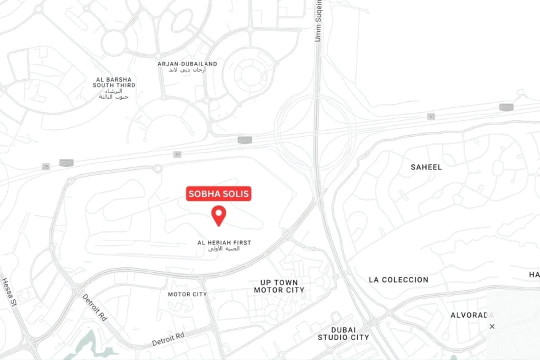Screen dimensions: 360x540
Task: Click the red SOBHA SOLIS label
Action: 218,194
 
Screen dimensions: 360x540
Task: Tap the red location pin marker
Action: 218,215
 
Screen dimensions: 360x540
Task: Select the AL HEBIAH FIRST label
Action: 224,242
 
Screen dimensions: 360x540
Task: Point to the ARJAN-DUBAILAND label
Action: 187,64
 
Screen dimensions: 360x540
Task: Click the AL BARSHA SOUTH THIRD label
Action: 114,82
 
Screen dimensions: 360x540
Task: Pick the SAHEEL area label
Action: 426,167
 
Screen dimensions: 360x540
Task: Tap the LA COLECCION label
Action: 398,279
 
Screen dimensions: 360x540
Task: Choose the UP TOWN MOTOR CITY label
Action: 279,286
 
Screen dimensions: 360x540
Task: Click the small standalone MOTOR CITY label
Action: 187,294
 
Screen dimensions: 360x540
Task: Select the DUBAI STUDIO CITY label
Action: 343,333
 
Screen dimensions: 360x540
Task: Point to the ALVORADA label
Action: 472,315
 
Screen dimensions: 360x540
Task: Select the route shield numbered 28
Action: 46,166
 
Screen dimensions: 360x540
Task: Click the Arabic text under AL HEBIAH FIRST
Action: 223,248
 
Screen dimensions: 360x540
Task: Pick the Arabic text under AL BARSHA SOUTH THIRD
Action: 114,94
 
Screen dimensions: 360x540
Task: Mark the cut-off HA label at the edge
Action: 534,274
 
